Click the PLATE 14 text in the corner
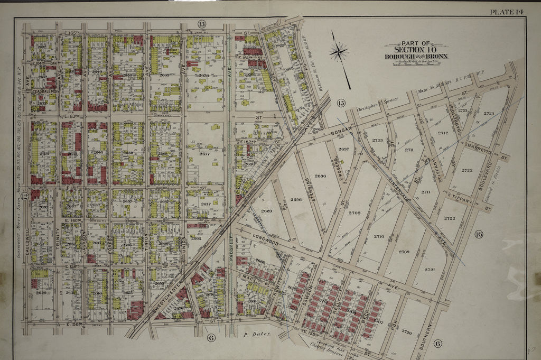507,12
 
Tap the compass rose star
338,52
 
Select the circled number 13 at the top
201,24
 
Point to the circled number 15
341,103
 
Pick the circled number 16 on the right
479,235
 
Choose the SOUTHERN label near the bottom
428,332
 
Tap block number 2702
355,213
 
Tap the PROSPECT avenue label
230,247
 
